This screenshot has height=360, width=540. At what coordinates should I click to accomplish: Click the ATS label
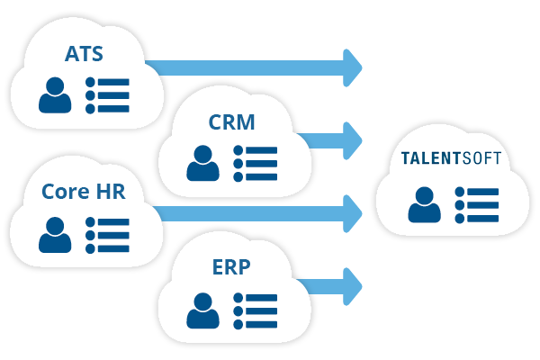[x=84, y=53]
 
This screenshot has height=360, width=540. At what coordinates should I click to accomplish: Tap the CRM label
[x=231, y=121]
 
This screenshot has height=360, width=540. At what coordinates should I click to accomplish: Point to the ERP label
[x=231, y=266]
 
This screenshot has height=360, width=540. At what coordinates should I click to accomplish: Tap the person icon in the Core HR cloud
[x=55, y=235]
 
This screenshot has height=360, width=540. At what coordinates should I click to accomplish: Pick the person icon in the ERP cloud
[x=203, y=310]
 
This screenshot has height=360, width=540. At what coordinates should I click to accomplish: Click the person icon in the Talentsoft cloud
[x=424, y=204]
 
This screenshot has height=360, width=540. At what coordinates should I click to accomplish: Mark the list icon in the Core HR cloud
[x=107, y=235]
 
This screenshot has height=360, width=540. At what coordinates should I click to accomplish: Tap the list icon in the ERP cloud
[x=256, y=310]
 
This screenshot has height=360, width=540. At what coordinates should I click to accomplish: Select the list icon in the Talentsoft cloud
[x=476, y=204]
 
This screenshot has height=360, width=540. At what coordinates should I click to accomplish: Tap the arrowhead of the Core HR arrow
[x=351, y=212]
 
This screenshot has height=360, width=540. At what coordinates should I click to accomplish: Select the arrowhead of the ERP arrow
[x=351, y=284]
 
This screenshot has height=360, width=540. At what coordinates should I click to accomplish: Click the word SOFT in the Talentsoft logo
[x=481, y=161]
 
